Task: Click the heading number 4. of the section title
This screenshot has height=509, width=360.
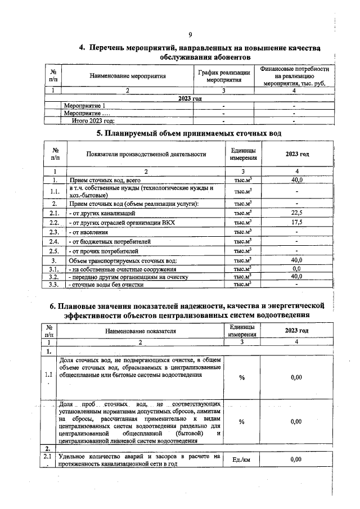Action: pos(82,48)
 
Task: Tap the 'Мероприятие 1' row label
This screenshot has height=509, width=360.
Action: pos(84,105)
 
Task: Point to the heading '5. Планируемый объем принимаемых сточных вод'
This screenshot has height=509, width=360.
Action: pos(188,133)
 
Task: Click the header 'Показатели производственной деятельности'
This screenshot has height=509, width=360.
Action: pos(146,154)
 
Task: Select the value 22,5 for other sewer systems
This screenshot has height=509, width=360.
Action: pos(296,213)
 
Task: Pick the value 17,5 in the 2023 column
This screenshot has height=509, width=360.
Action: pos(296,223)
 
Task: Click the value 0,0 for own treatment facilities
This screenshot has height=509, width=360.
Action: pos(296,269)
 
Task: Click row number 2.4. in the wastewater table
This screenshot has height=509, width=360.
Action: pos(55,241)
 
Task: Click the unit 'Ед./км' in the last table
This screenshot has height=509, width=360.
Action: pos(241,460)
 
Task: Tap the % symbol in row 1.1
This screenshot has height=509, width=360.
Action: pos(241,377)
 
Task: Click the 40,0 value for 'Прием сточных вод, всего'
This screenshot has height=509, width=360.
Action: pos(296,180)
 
